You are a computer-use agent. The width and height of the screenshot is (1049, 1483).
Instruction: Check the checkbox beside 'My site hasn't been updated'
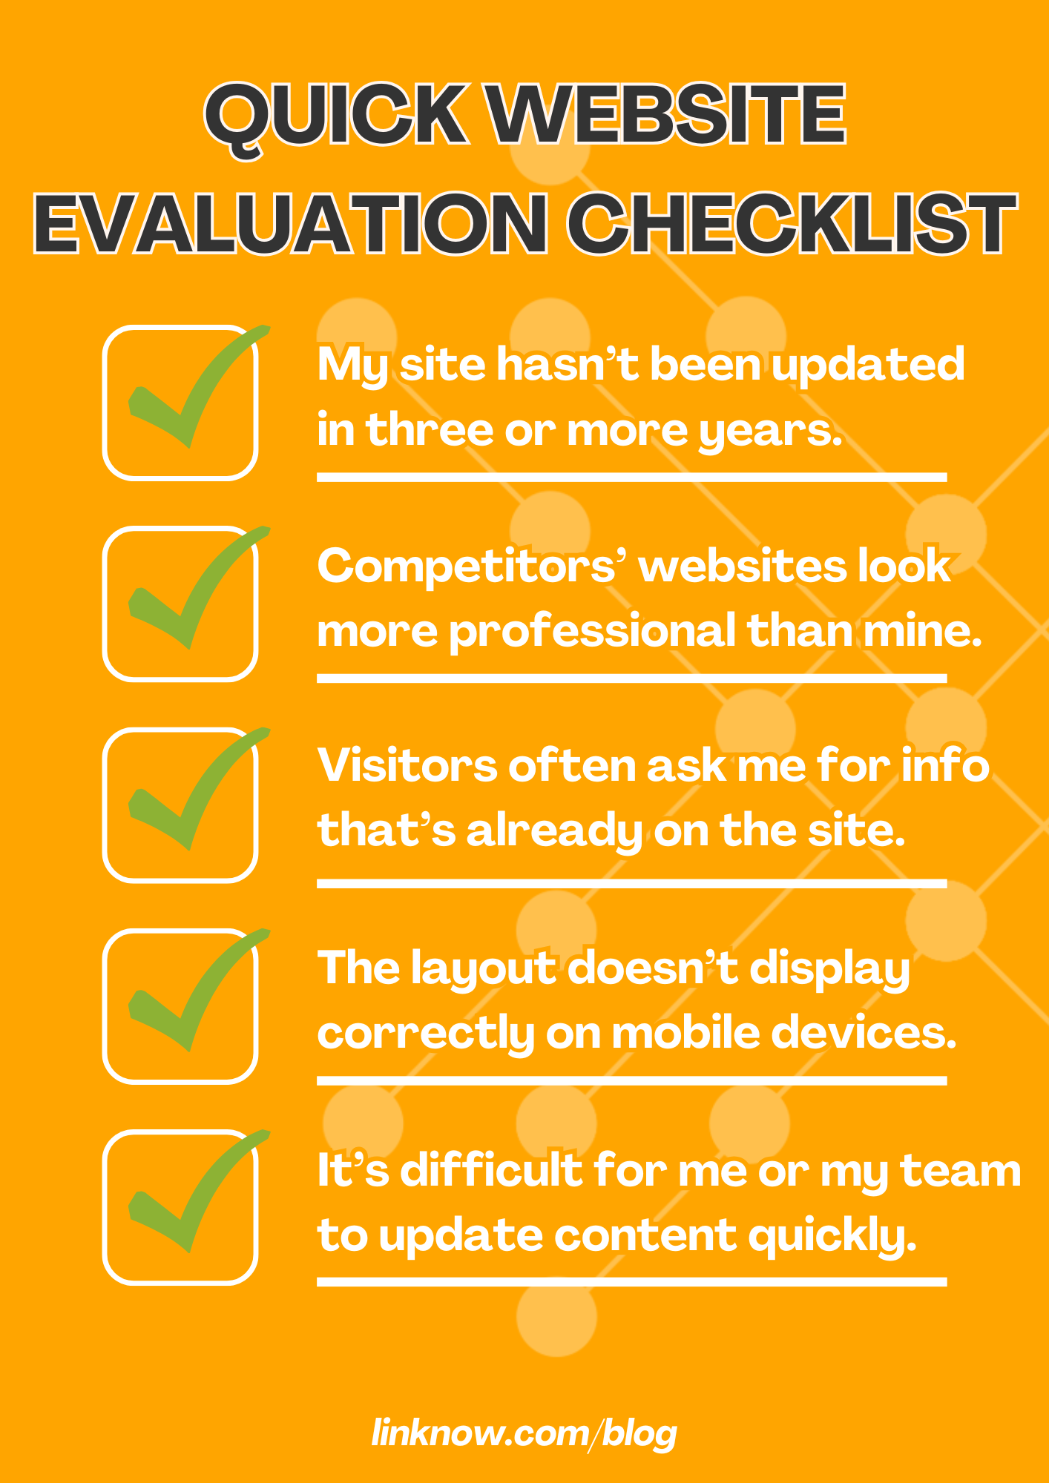(180, 403)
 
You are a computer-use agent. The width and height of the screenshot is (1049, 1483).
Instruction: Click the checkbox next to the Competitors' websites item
(180, 604)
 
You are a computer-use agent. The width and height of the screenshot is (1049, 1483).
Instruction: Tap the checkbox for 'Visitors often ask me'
(180, 805)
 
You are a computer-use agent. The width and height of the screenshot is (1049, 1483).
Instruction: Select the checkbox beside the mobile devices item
(180, 1005)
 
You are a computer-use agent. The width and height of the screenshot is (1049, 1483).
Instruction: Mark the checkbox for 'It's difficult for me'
(180, 1206)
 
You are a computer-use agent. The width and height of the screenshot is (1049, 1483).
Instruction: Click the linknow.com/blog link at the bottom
(524, 1433)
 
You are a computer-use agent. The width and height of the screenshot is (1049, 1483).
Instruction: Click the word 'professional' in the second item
(593, 632)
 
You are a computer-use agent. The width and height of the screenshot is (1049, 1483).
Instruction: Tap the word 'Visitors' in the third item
(407, 765)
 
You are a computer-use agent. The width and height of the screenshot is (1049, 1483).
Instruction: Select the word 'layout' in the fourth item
(484, 971)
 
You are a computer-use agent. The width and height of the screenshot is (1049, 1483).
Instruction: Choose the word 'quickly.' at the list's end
(832, 1238)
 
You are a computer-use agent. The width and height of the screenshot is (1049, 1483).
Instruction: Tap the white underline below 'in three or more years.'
(632, 477)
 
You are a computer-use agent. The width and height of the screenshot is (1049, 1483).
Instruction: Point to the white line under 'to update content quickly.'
(632, 1281)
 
